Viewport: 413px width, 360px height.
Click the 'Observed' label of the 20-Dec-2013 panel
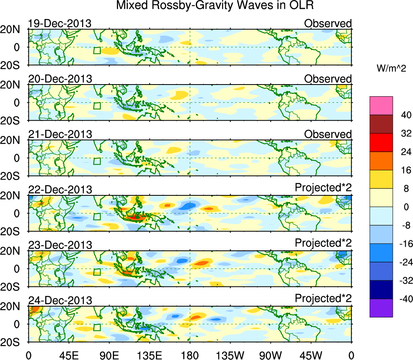point(328,79)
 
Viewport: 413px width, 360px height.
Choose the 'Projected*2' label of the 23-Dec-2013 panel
point(323,244)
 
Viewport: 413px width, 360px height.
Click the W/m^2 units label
point(391,69)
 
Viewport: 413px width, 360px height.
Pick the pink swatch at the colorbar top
point(381,106)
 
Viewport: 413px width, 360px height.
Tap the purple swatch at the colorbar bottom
point(381,308)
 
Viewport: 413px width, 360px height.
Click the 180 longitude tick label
point(190,355)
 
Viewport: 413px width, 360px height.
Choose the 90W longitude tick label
point(271,355)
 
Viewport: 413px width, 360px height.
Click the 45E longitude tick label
point(69,355)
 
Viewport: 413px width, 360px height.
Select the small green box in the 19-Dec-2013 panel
point(97,50)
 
